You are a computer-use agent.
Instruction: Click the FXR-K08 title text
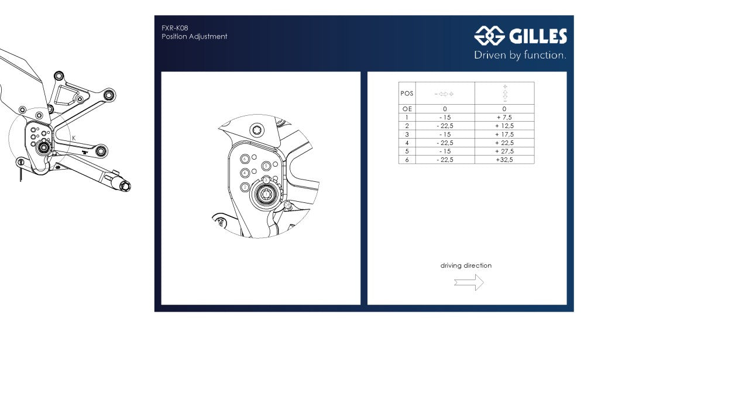pos(174,27)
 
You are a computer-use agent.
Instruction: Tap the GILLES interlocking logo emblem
pos(489,36)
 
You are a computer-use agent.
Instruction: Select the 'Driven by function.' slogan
pos(520,56)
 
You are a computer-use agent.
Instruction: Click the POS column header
pos(407,94)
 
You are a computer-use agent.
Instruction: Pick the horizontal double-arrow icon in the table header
pos(444,94)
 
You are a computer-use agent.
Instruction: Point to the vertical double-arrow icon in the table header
pos(504,94)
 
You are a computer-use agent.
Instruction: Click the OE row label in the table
pos(407,109)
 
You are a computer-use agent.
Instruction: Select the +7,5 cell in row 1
pos(504,118)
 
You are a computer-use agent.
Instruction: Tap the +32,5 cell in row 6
pos(504,160)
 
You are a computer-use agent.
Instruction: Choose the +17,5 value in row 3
pos(504,135)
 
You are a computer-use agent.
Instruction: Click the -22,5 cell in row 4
pos(445,143)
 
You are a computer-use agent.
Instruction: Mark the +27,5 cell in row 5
pos(504,151)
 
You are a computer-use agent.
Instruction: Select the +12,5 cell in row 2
pos(504,126)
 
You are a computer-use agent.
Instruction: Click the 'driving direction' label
pos(466,265)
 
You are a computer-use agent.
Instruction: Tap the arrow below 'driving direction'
pos(469,282)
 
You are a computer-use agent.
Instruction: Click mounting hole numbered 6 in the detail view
pos(245,159)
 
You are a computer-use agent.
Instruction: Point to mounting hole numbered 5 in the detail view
pos(267,166)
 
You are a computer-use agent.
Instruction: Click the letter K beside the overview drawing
pos(74,138)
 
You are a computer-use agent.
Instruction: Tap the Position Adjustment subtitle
pos(194,36)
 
